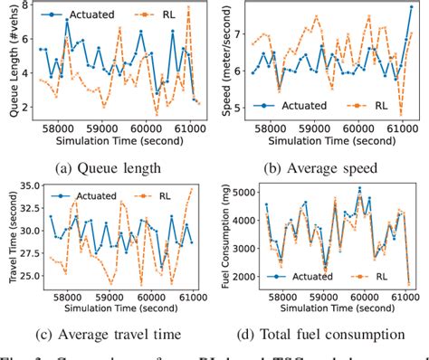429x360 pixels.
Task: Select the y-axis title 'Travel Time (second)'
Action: click(11, 235)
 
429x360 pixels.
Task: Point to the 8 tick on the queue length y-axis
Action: click(29, 7)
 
